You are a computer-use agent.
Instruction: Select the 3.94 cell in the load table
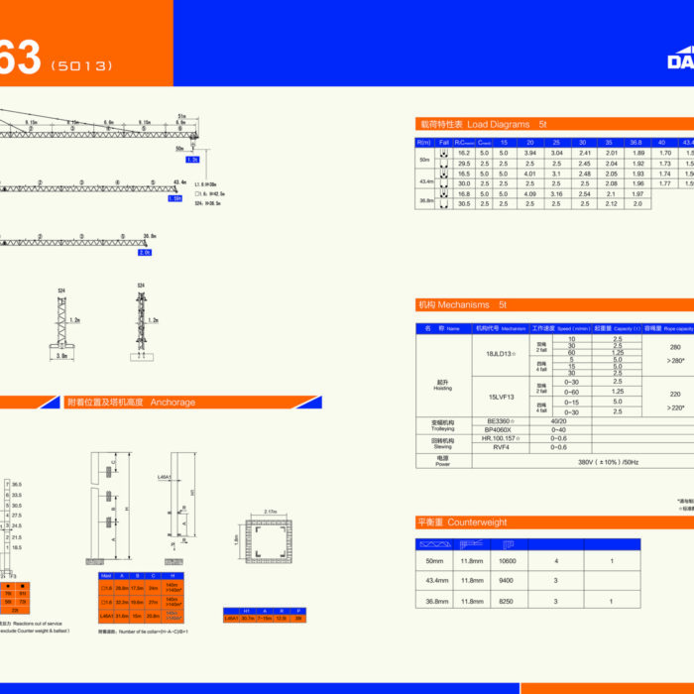[529, 153]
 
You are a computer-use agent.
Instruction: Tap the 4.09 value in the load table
[529, 194]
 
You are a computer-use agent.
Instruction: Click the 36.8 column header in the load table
[636, 142]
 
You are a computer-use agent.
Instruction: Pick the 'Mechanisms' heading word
[471, 305]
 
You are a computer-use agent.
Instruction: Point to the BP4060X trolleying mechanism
[499, 429]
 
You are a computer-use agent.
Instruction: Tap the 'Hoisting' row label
[442, 385]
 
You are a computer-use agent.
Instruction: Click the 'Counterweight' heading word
[477, 521]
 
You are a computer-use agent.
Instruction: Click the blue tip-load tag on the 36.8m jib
[146, 252]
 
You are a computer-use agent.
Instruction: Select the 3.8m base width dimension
[61, 354]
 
